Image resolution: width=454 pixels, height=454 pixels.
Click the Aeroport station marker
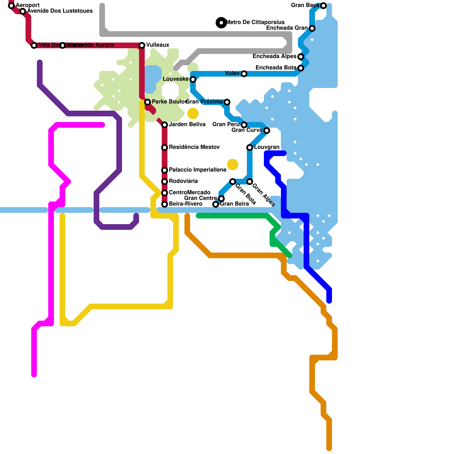click(x=11, y=6)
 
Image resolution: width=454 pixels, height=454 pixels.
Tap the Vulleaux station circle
click(x=142, y=45)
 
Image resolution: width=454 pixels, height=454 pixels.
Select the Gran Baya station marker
click(x=323, y=6)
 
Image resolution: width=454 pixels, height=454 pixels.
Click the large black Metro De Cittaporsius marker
click(x=221, y=23)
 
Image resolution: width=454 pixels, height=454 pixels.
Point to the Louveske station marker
click(x=193, y=79)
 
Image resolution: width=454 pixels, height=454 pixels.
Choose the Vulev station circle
click(x=244, y=74)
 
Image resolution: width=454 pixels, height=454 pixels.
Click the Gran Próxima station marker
click(x=227, y=102)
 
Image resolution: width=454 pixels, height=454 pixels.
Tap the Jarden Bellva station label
click(x=187, y=125)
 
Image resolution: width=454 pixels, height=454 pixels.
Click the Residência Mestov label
click(x=194, y=147)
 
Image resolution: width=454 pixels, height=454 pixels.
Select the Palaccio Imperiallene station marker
click(x=165, y=170)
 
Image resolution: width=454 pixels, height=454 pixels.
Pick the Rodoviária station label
click(x=183, y=181)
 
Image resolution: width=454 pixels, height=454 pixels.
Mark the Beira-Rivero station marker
click(x=165, y=204)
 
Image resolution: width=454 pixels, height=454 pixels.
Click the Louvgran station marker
click(x=250, y=148)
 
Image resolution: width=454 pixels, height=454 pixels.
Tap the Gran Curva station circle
click(x=267, y=131)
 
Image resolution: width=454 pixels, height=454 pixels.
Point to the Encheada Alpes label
click(x=274, y=56)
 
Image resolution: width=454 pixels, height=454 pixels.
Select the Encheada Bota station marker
click(x=301, y=68)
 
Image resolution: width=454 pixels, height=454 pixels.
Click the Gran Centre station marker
click(x=221, y=199)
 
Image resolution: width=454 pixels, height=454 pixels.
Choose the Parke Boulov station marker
click(x=148, y=102)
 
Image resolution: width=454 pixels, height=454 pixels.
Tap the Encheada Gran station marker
click(x=312, y=28)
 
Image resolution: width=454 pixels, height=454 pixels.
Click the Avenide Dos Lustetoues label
click(x=60, y=11)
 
